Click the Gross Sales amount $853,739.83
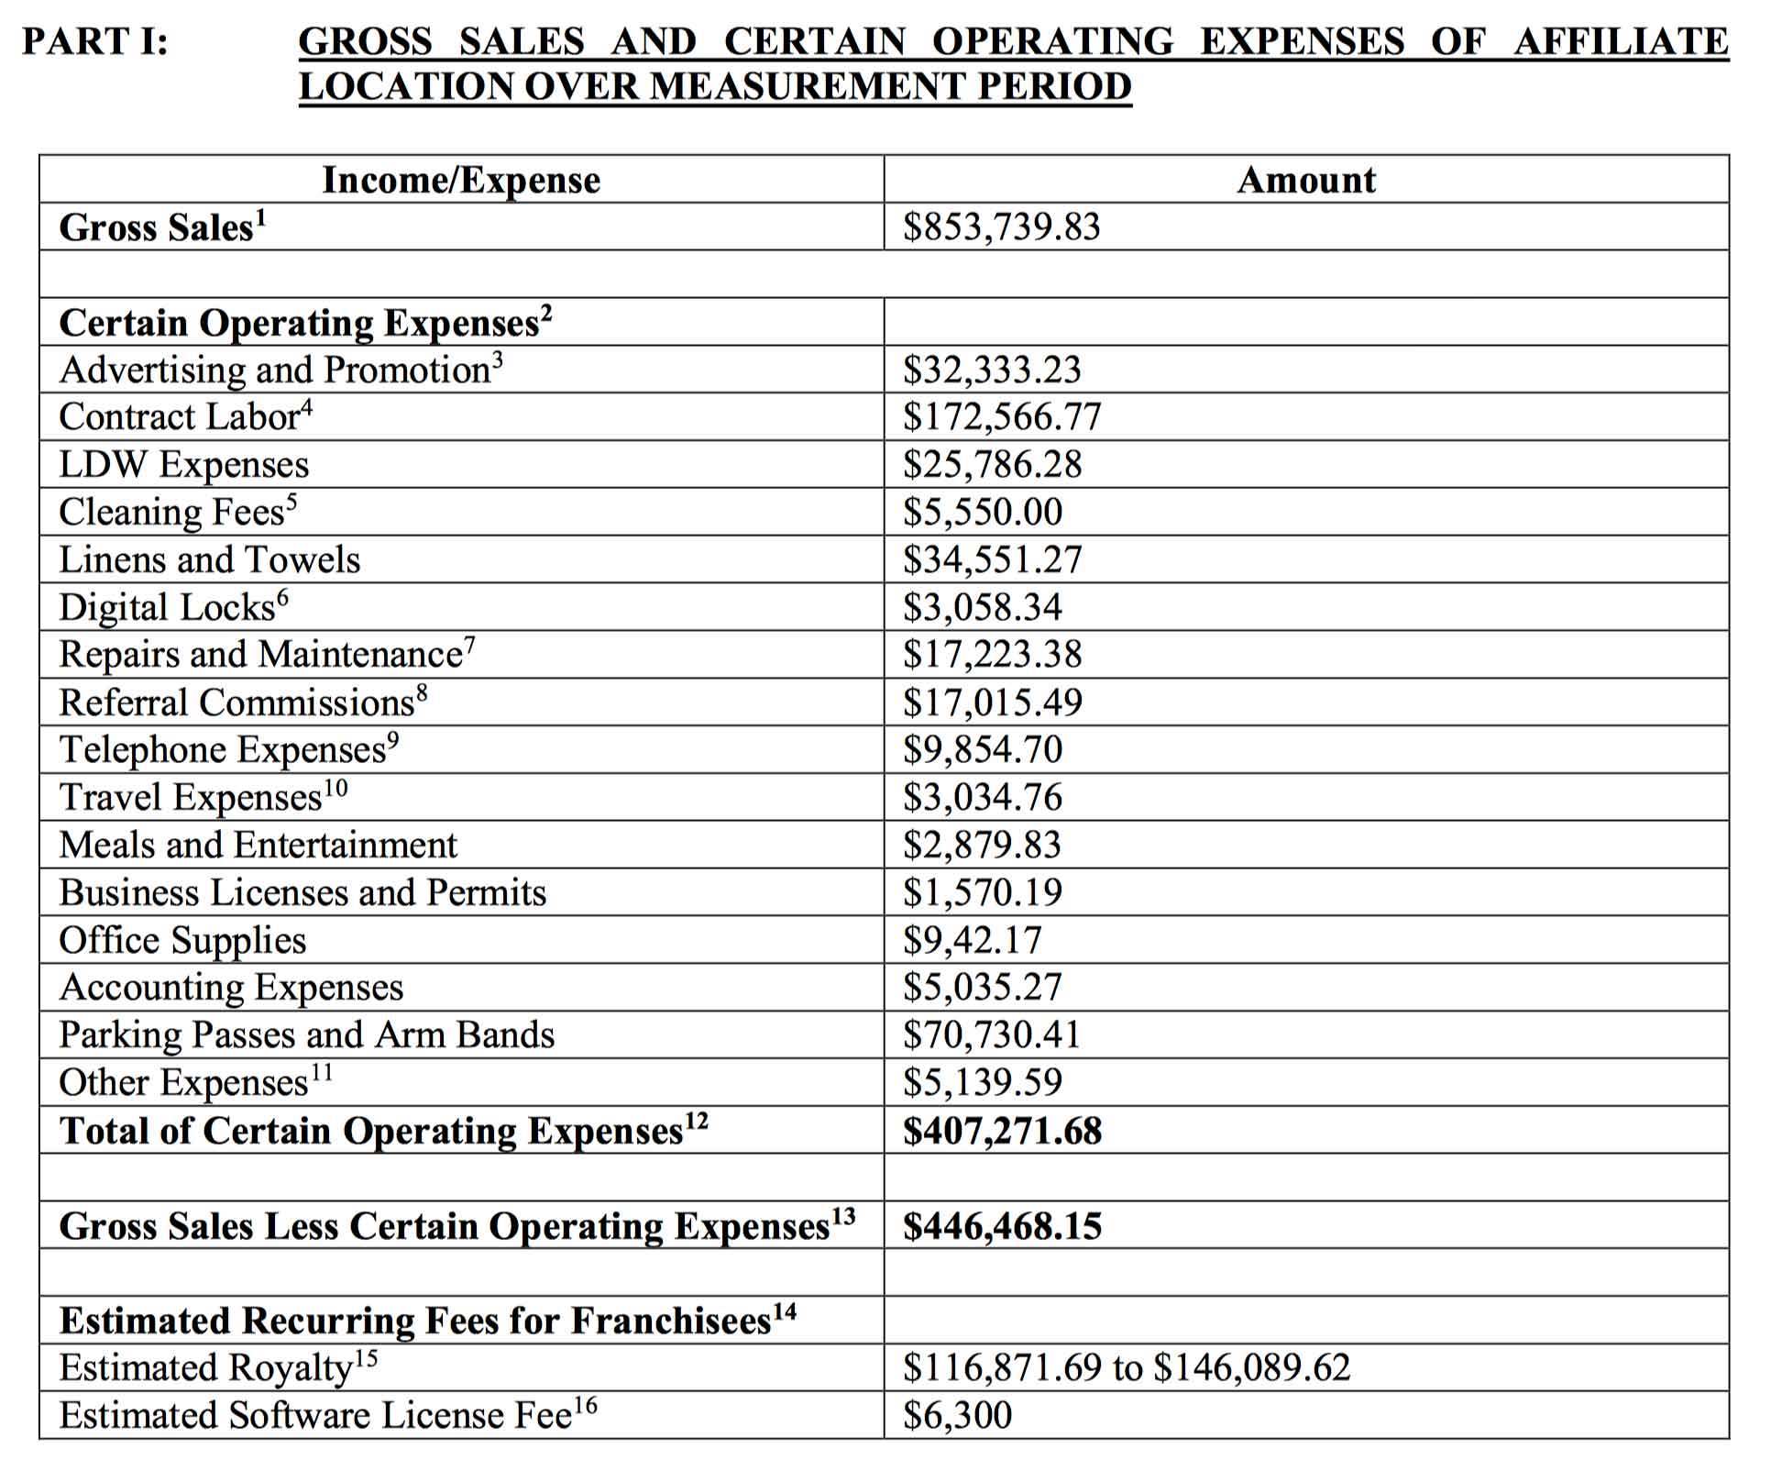(x=1001, y=227)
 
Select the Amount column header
(x=1305, y=181)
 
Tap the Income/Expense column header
(x=461, y=181)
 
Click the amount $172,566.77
(x=1001, y=417)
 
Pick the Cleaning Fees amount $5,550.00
(x=983, y=512)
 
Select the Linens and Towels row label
(x=210, y=559)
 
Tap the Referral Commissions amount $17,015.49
(x=992, y=702)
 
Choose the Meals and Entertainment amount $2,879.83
(x=982, y=845)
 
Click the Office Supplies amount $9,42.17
(x=973, y=940)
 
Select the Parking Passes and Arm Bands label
(x=307, y=1034)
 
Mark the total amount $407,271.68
(x=1002, y=1131)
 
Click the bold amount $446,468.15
(x=1002, y=1226)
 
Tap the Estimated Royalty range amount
(x=1127, y=1367)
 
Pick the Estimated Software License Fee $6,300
(x=958, y=1415)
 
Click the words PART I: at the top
(x=95, y=42)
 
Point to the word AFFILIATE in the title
(x=1621, y=42)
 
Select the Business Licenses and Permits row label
(x=302, y=892)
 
